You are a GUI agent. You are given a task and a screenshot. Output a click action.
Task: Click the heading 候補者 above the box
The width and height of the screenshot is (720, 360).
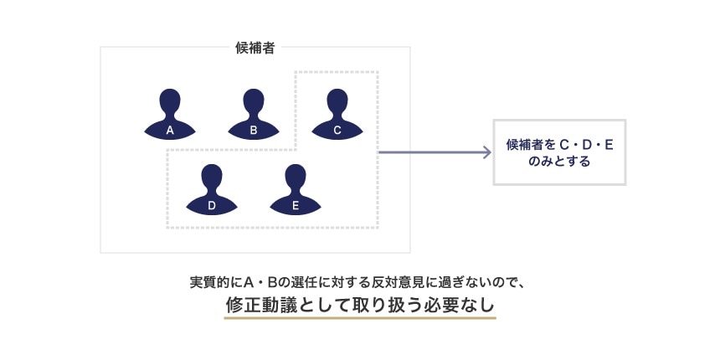(255, 48)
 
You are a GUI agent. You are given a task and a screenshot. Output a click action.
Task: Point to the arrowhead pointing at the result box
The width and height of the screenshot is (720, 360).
(486, 152)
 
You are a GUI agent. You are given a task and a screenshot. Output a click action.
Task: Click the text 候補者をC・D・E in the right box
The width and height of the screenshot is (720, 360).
(559, 145)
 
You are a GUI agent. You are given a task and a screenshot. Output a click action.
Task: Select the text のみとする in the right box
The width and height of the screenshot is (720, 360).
(559, 162)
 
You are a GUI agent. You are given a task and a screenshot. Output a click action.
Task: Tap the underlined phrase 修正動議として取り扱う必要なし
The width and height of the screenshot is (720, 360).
(360, 305)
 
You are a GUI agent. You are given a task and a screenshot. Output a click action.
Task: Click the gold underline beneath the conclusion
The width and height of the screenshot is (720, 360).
(360, 319)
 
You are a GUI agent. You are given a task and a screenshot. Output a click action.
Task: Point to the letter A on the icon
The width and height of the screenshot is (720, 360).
(170, 130)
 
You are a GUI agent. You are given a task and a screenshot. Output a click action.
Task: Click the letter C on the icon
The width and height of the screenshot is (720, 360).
(337, 130)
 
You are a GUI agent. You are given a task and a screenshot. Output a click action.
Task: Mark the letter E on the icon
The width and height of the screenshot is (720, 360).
(296, 205)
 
